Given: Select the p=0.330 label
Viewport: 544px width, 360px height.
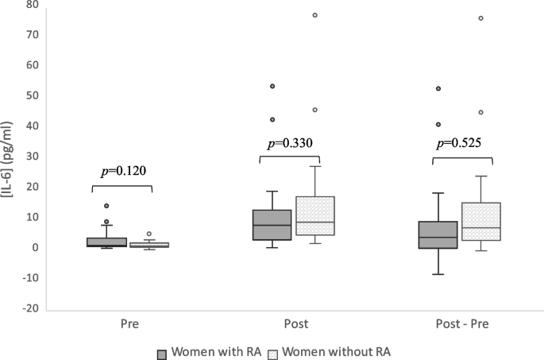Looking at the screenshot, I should click(x=290, y=144).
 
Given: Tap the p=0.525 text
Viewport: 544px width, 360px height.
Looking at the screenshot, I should click(x=462, y=144).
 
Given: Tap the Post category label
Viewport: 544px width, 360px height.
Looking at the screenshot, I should click(x=291, y=324).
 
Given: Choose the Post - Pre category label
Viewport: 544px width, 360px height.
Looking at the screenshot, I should click(x=462, y=324).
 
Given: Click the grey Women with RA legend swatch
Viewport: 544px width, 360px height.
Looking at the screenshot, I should click(x=162, y=350).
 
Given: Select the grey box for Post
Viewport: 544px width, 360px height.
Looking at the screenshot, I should click(x=272, y=225).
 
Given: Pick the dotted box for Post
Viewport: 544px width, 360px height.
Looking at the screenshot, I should click(x=315, y=215).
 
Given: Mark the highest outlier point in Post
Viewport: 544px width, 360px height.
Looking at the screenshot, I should click(x=315, y=15).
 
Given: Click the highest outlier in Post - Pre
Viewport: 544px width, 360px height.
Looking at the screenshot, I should click(x=481, y=17).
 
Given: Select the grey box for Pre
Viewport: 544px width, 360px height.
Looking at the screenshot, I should click(x=106, y=242).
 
